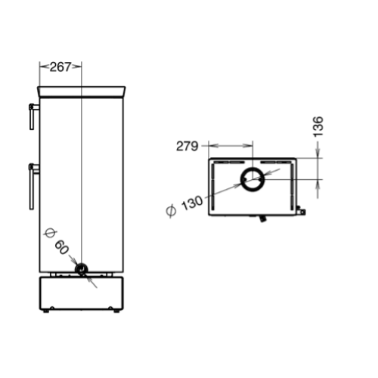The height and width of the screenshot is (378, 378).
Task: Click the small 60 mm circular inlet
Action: click(x=81, y=269)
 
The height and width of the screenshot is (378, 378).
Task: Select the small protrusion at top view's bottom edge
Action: click(x=262, y=218)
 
